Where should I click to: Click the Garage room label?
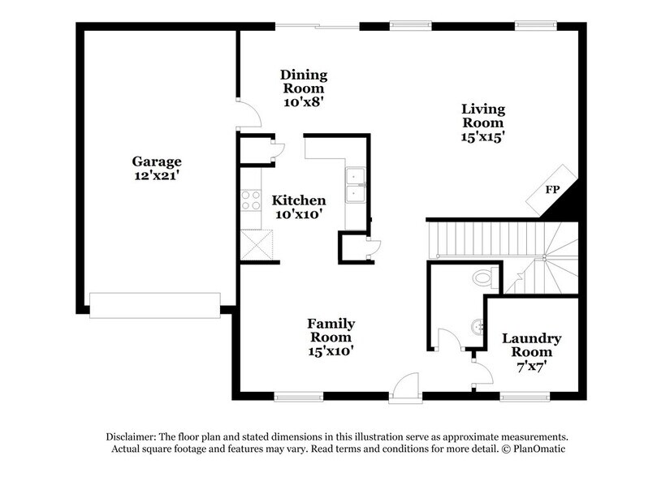(158, 161)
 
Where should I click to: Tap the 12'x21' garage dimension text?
(158, 174)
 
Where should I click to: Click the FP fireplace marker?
(552, 190)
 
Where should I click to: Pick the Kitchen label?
(298, 200)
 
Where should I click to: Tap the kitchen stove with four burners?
(249, 200)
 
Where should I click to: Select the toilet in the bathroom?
(484, 279)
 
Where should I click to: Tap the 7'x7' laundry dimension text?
(531, 366)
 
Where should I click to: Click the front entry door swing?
(404, 385)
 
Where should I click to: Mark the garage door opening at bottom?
(154, 303)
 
